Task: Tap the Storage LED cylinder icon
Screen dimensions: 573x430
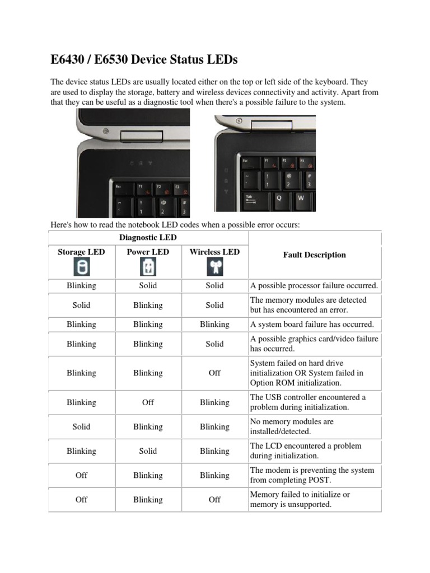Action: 81,267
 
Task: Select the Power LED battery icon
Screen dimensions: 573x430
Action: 148,267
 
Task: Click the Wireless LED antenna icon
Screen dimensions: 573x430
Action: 214,267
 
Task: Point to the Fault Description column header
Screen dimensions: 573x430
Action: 314,255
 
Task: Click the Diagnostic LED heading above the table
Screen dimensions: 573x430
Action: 148,237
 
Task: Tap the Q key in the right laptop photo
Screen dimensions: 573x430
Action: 278,198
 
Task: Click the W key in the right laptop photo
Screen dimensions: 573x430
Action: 301,198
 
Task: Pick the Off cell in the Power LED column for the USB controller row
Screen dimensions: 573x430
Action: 148,402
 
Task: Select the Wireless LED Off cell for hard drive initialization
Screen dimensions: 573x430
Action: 214,373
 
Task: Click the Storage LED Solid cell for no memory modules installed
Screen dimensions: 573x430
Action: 81,426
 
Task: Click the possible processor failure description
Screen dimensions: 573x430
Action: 314,285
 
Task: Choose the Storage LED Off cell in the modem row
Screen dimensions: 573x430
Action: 81,475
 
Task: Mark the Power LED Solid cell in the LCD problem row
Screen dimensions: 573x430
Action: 148,451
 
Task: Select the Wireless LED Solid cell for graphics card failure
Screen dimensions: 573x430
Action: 214,344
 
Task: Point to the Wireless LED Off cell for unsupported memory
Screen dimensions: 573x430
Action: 214,500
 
